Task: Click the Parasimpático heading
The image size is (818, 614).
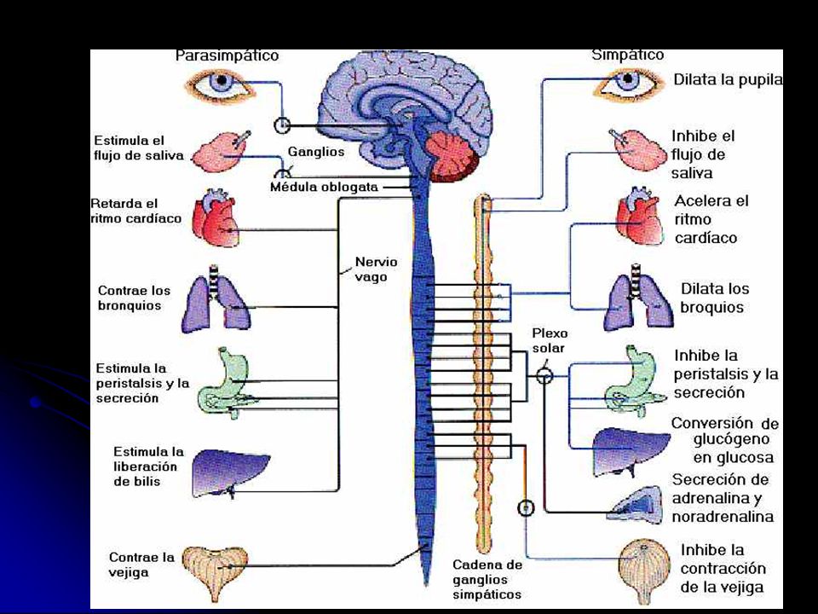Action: (x=227, y=55)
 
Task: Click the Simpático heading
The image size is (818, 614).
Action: (x=628, y=55)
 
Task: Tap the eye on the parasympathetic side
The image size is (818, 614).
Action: (x=222, y=85)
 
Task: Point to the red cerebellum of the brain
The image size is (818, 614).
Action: (x=452, y=153)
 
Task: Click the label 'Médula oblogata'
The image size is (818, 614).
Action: (x=324, y=187)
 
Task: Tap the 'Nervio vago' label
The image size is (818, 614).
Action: (x=376, y=269)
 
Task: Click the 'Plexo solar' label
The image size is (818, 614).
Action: (x=550, y=340)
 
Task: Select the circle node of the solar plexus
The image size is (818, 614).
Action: (x=544, y=375)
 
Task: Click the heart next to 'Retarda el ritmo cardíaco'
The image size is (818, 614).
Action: (x=216, y=218)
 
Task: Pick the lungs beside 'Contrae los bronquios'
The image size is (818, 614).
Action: (x=216, y=299)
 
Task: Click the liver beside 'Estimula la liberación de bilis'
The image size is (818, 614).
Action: (x=230, y=473)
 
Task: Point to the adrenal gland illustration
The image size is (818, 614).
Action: (x=637, y=504)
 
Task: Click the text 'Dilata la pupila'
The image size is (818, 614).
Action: (x=729, y=80)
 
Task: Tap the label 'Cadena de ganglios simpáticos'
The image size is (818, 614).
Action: (x=487, y=580)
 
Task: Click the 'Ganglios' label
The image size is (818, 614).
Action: (x=316, y=152)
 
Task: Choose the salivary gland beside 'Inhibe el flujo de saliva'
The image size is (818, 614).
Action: (x=638, y=150)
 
